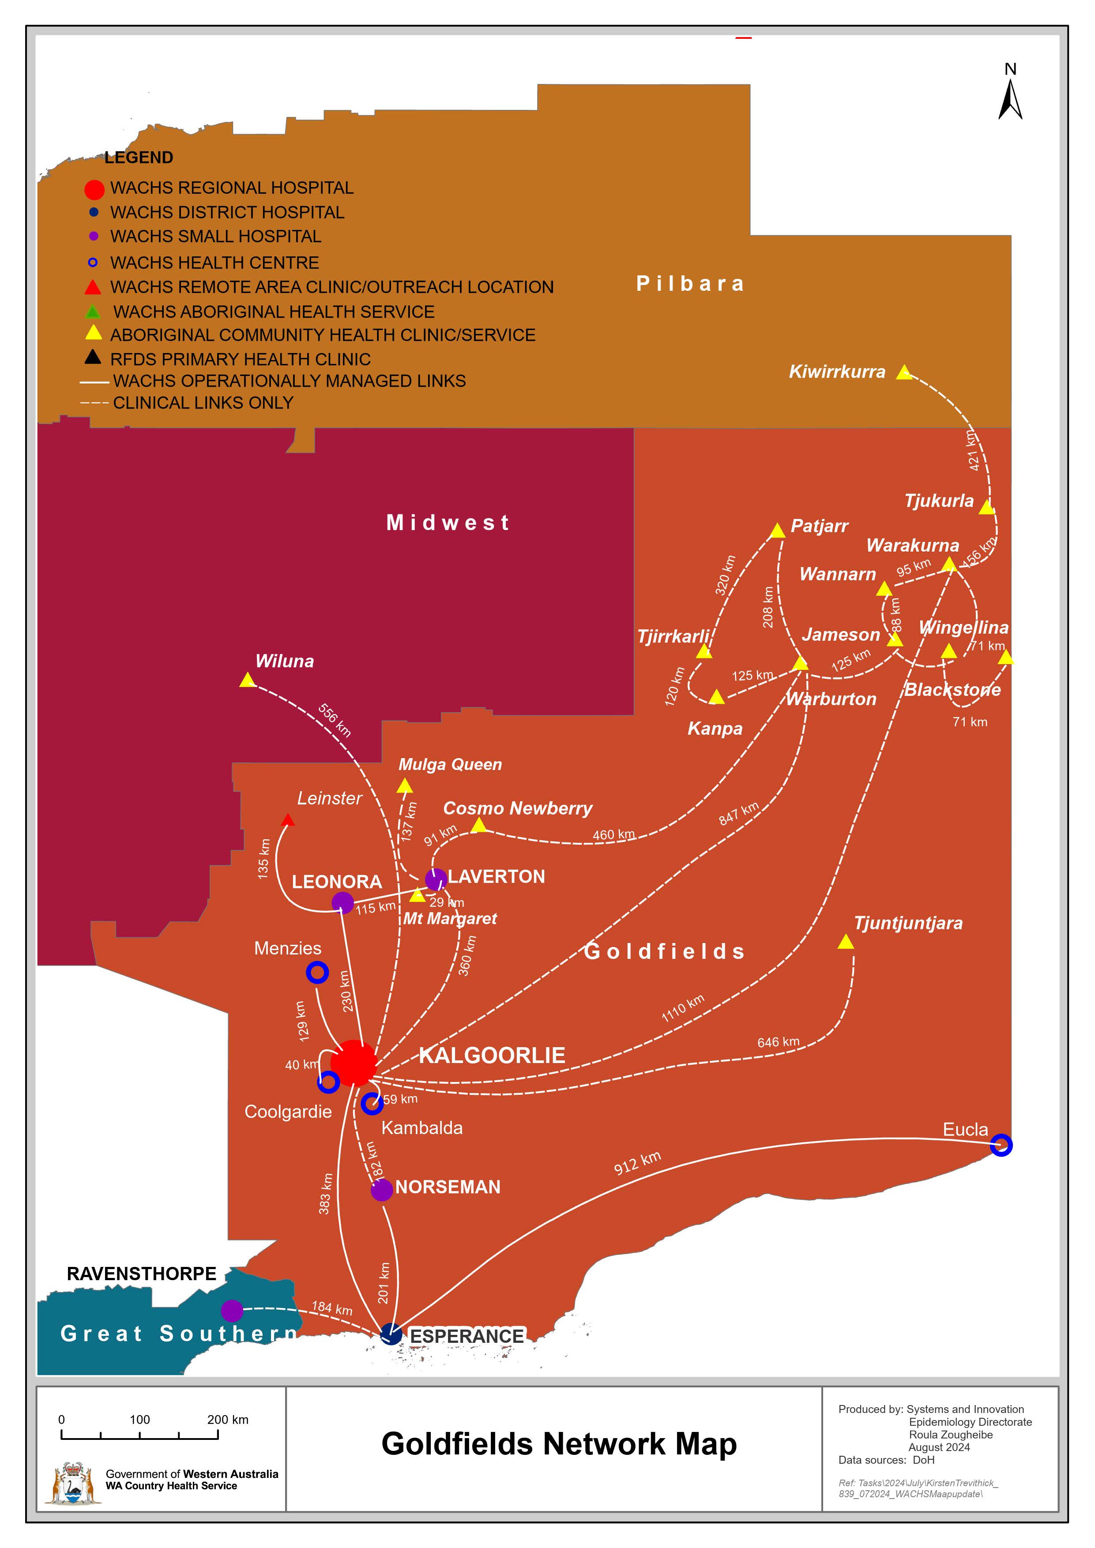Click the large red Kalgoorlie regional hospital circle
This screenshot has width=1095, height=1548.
354,1063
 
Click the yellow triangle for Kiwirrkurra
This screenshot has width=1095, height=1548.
903,372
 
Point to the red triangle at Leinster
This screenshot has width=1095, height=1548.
287,820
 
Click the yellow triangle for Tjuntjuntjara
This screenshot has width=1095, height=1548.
846,942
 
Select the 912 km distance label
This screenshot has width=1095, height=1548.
637,1163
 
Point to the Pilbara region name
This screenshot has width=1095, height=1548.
690,284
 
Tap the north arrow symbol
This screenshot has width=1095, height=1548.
1010,100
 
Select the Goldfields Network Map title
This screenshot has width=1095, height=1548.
558,1444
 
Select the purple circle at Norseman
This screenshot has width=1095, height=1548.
382,1190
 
